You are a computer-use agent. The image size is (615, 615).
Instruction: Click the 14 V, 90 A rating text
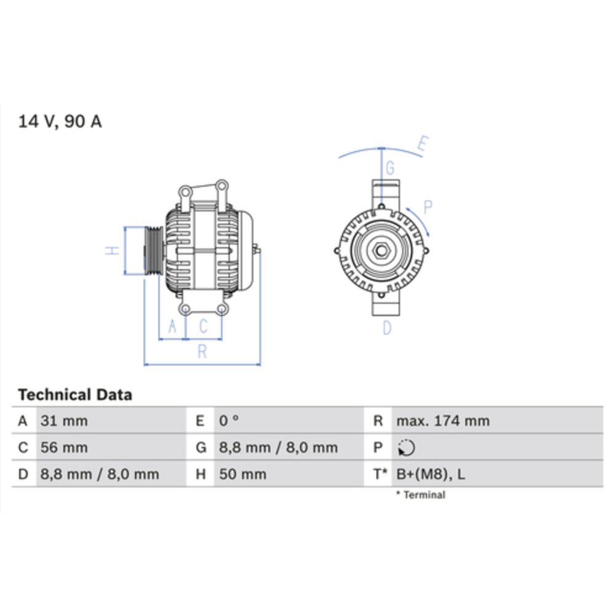[x=60, y=122]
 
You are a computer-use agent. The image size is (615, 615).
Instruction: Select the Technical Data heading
[x=75, y=395]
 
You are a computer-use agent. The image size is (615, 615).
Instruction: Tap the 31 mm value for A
[x=64, y=421]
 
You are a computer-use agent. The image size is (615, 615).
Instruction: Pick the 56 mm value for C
[x=64, y=448]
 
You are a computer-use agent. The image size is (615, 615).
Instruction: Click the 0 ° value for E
[x=229, y=421]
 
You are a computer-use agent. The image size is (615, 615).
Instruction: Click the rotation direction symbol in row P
[x=406, y=448]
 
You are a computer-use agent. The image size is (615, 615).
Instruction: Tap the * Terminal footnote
[x=421, y=495]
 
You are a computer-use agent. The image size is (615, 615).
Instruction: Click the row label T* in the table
[x=379, y=474]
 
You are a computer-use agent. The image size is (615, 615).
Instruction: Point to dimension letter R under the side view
[x=202, y=352]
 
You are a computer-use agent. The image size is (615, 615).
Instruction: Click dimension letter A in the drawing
[x=173, y=327]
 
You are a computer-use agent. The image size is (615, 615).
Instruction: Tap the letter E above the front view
[x=423, y=145]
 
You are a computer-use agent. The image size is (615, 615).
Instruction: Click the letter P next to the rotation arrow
[x=428, y=208]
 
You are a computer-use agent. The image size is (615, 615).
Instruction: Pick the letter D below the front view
[x=387, y=328]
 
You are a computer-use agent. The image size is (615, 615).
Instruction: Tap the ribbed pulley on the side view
[x=153, y=251]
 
